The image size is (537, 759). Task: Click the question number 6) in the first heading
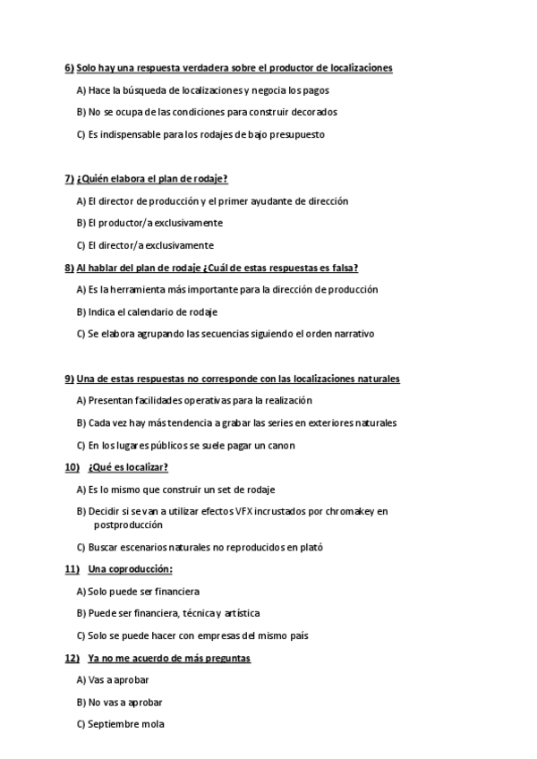point(70,68)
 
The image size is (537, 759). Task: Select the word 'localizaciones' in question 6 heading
point(362,68)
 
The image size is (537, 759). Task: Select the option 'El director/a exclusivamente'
point(145,244)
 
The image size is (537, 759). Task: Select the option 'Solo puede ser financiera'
point(138,592)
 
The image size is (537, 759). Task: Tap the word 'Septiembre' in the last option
point(113,724)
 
